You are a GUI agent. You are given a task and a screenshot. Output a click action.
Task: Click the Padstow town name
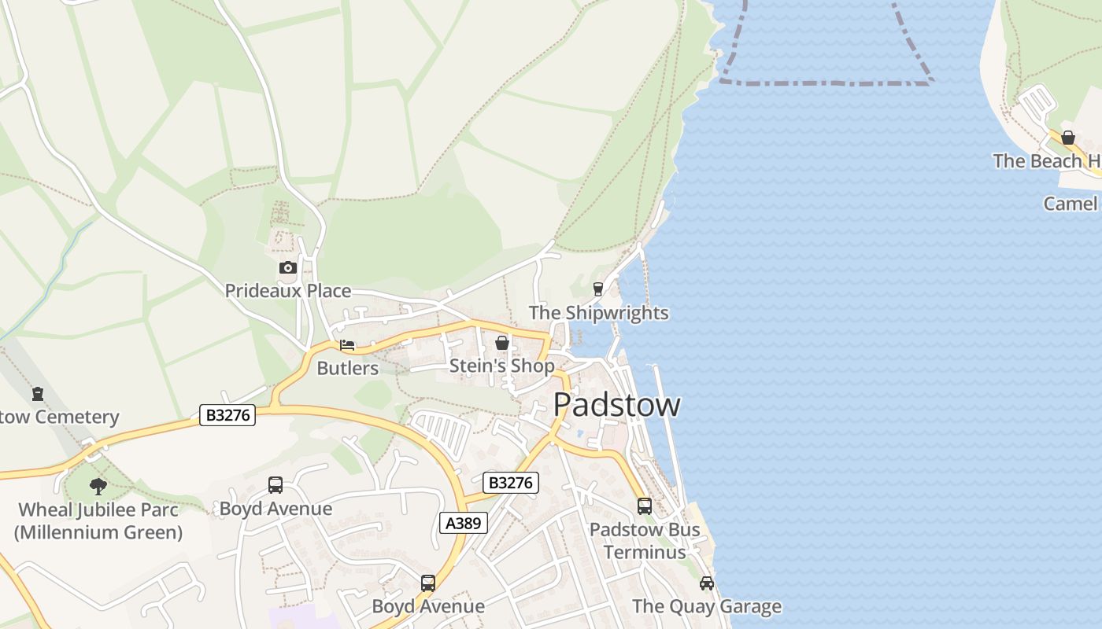(x=616, y=405)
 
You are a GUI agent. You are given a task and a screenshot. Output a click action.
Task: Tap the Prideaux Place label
(x=288, y=291)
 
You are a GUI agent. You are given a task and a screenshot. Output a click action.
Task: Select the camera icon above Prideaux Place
(x=288, y=267)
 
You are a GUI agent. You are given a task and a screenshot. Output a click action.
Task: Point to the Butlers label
(x=347, y=368)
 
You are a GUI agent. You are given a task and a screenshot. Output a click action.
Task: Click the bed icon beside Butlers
(x=347, y=345)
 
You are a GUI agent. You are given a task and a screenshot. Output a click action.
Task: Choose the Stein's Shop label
(x=501, y=366)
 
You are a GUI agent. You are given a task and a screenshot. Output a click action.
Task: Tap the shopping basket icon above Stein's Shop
(x=502, y=343)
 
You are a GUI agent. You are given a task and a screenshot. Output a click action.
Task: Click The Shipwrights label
(x=598, y=313)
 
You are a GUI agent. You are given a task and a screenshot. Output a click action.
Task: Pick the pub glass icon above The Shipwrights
(x=598, y=289)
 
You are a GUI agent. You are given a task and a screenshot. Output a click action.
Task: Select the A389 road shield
(x=463, y=523)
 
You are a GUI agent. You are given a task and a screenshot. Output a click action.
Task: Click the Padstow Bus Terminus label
(x=645, y=541)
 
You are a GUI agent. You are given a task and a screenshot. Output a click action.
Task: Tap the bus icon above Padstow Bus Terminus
(x=645, y=506)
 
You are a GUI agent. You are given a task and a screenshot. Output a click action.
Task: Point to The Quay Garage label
(x=707, y=606)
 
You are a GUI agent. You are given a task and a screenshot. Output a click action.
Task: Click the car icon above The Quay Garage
(x=707, y=583)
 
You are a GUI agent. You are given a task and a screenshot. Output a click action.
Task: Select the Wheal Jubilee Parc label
(x=98, y=520)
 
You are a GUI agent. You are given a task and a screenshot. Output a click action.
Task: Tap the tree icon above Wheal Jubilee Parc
(x=98, y=486)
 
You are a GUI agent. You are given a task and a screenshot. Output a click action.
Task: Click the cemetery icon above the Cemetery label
(x=38, y=394)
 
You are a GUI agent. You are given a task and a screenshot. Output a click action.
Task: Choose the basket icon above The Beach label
(x=1068, y=138)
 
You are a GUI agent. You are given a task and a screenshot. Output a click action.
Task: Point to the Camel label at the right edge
(x=1071, y=204)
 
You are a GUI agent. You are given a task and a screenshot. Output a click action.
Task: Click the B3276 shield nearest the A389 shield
(x=510, y=483)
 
